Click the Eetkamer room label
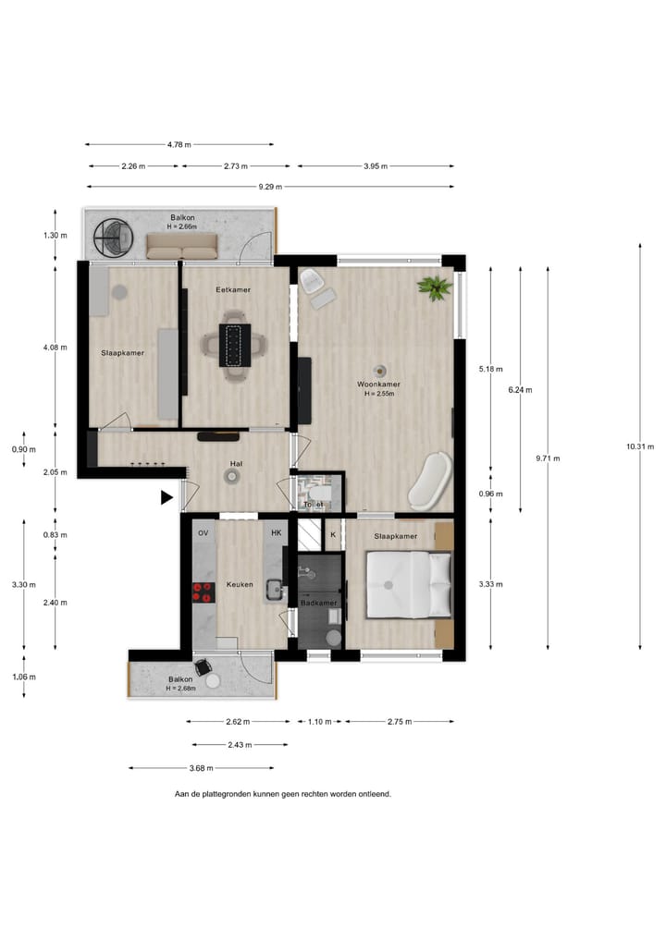[233, 289]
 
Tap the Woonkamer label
[378, 385]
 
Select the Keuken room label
[240, 584]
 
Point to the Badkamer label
[318, 603]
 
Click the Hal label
[236, 464]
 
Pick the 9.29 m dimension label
[270, 187]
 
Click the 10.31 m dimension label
[640, 446]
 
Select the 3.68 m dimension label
[201, 768]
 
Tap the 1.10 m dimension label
[320, 722]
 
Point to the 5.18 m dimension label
[491, 370]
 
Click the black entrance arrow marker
[166, 497]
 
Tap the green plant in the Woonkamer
[435, 287]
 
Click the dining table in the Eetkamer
[234, 346]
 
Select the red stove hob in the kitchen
[203, 592]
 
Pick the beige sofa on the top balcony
[182, 246]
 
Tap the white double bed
[409, 584]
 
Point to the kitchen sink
[276, 590]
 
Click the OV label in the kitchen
[203, 533]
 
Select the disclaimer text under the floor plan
[283, 794]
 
